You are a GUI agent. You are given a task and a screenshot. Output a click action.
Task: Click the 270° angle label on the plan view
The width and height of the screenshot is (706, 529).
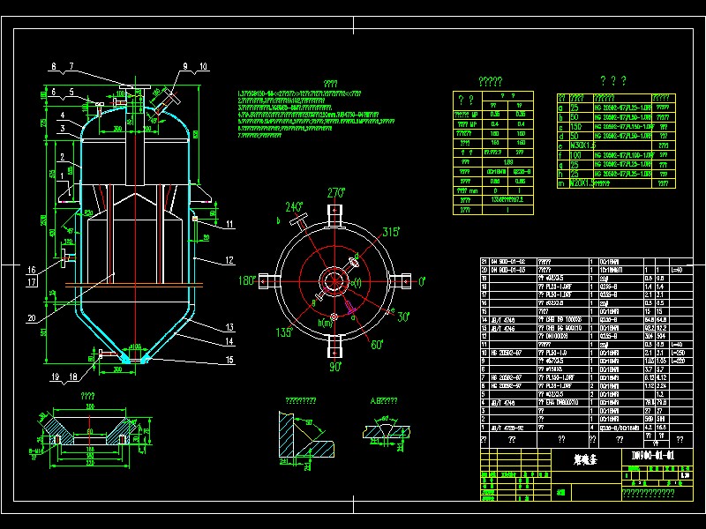coord(335,193)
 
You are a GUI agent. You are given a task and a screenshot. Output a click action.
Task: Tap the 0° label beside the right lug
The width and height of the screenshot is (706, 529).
coord(421,281)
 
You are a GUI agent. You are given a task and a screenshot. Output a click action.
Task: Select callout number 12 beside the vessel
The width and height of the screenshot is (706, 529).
coord(229,260)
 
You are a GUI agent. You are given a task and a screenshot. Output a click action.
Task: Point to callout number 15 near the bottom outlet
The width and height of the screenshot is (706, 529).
coord(229,360)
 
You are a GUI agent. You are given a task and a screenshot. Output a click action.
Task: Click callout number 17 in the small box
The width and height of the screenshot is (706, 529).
coord(33,282)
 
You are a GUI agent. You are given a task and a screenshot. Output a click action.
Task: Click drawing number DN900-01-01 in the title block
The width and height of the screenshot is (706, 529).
coord(653,456)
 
